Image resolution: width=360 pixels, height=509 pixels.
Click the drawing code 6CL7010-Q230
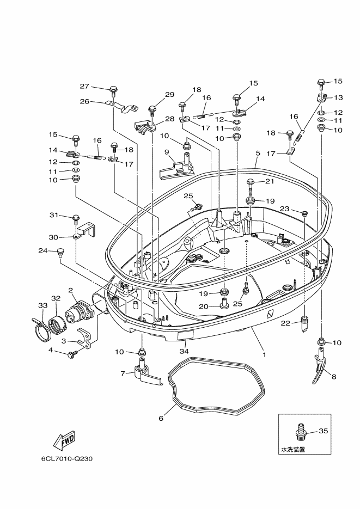click(x=67, y=458)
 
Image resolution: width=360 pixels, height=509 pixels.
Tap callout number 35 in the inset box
click(x=323, y=431)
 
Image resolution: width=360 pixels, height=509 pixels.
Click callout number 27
click(x=84, y=86)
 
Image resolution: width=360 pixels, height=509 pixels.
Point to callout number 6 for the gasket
click(x=161, y=418)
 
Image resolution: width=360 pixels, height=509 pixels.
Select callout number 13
click(x=338, y=97)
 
